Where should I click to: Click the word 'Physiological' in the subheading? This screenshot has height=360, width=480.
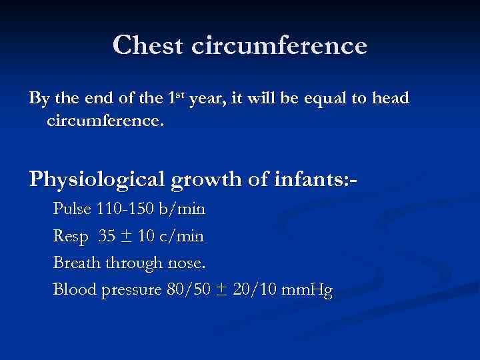(x=96, y=180)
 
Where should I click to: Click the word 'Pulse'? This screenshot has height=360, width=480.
(x=73, y=209)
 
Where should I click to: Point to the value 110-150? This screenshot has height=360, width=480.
(x=125, y=209)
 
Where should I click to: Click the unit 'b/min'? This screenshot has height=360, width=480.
(x=181, y=209)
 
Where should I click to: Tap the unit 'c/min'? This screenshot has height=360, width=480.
(x=183, y=236)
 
